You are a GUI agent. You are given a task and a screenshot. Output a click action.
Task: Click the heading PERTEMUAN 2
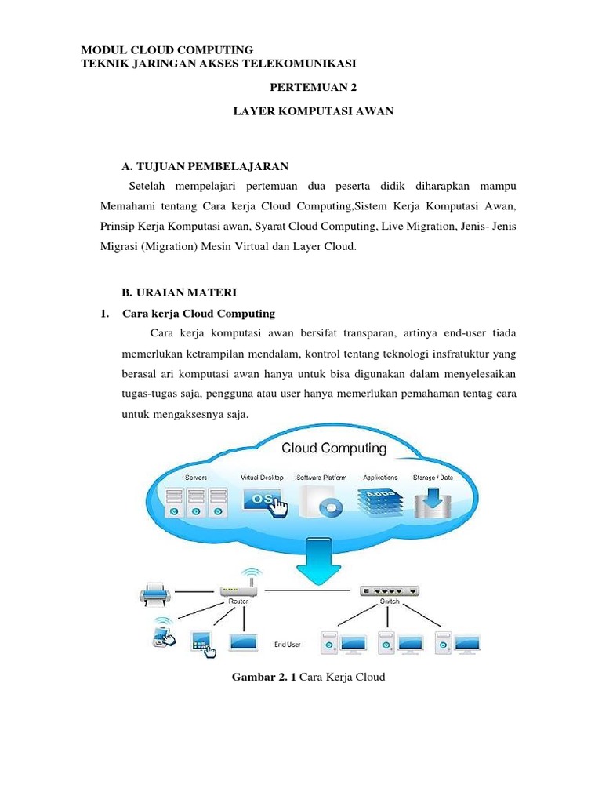(312, 89)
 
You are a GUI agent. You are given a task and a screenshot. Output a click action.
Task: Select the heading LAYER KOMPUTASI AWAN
(313, 112)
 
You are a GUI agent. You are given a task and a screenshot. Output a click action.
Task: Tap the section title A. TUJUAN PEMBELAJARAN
(205, 165)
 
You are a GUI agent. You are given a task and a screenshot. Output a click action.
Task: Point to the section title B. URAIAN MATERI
(179, 292)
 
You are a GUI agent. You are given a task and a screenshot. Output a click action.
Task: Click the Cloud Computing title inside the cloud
(334, 449)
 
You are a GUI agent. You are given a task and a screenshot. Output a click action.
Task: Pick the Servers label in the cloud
(196, 477)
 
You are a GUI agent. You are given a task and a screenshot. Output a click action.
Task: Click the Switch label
(390, 602)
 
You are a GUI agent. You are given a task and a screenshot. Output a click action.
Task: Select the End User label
(288, 645)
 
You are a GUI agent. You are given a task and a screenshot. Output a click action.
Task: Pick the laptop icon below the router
(244, 642)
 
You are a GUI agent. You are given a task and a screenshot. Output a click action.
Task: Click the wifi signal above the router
(249, 574)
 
